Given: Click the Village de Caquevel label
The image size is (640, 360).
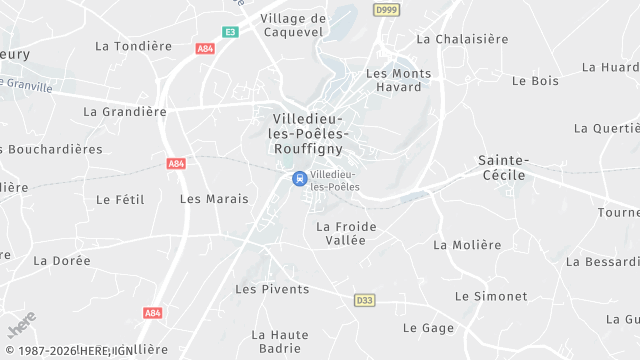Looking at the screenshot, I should [x=293, y=25].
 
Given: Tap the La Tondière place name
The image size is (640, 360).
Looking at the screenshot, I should [x=134, y=46].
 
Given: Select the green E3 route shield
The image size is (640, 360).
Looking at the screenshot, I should [x=231, y=32].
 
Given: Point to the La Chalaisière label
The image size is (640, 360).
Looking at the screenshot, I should [x=462, y=39].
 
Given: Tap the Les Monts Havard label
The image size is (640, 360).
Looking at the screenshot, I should [x=399, y=80].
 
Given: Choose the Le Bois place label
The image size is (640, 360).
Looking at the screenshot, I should [x=535, y=80].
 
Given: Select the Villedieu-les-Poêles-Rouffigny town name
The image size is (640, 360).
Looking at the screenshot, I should [x=308, y=133].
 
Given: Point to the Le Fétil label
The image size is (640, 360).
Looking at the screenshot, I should [x=120, y=199].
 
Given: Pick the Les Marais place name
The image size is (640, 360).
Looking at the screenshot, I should [x=214, y=199].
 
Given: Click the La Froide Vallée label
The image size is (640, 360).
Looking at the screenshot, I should [x=346, y=233].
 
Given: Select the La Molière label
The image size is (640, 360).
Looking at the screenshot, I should [x=467, y=245].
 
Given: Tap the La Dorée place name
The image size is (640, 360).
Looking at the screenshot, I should [x=62, y=261].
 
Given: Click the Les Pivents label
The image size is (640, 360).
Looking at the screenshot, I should [x=272, y=289].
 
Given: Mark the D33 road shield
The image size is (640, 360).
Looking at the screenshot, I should [x=364, y=300].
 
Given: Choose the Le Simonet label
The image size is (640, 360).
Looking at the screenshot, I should [x=490, y=296].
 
